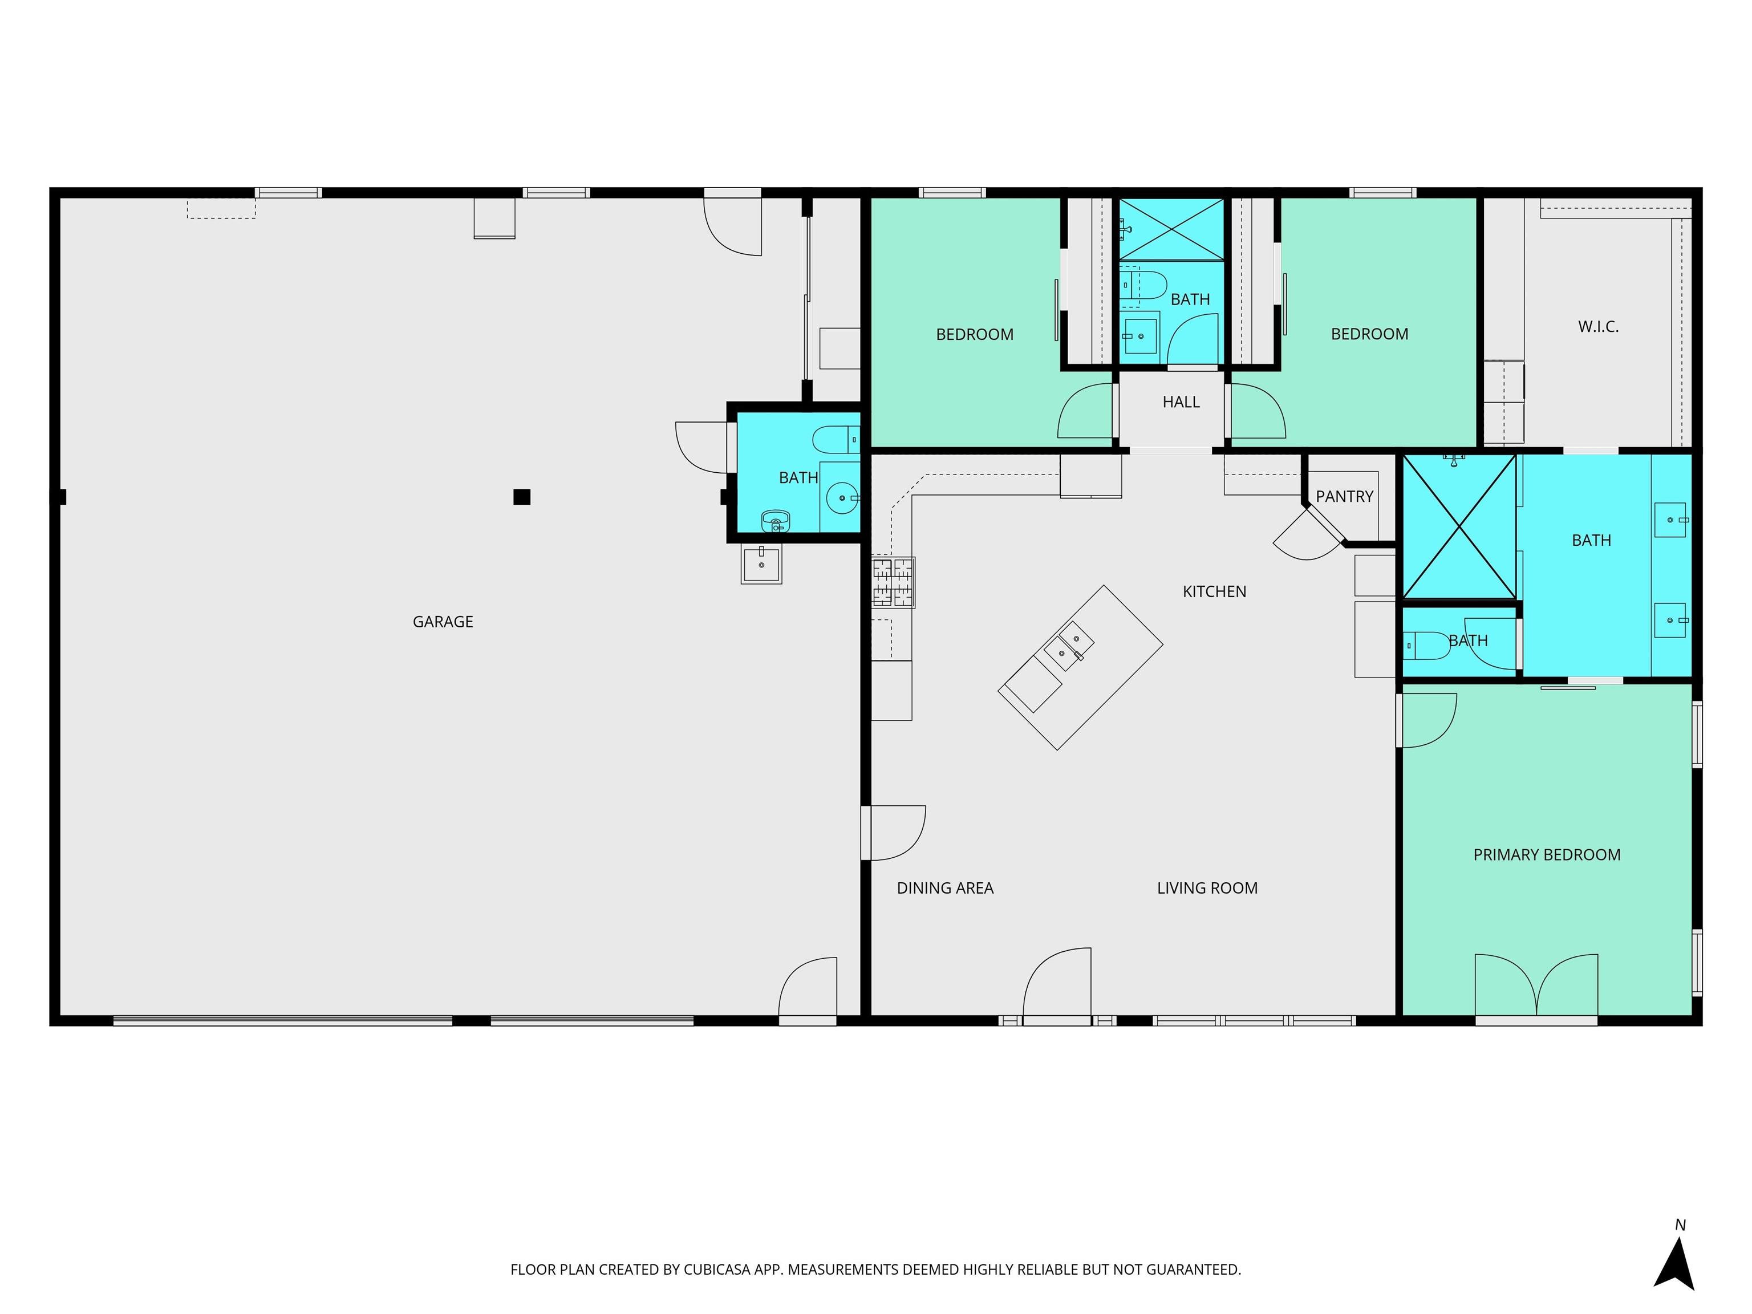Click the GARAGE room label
pos(443,622)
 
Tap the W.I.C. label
pos(1597,326)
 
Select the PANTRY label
pos(1344,497)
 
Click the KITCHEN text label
pos(1214,591)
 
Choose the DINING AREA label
pos(945,888)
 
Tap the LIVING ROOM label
pos(1207,888)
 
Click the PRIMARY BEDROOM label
pos(1547,855)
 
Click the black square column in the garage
pos(521,497)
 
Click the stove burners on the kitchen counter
pos(893,583)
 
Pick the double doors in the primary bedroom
pos(1536,984)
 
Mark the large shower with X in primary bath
pos(1459,527)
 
